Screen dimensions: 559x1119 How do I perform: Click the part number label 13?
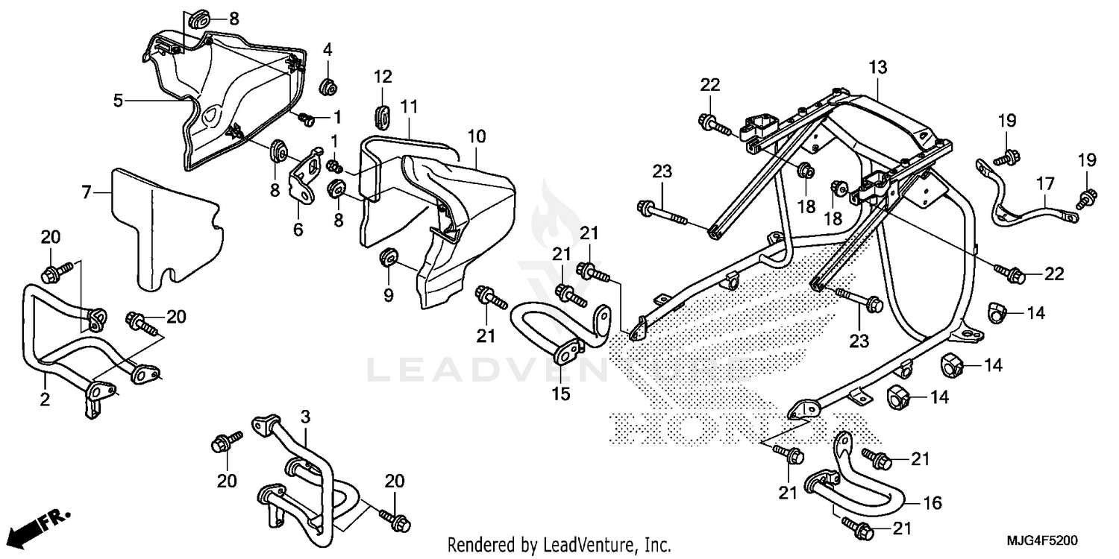pyautogui.click(x=877, y=68)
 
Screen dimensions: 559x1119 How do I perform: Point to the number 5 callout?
pyautogui.click(x=118, y=99)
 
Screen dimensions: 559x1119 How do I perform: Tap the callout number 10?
pyautogui.click(x=477, y=136)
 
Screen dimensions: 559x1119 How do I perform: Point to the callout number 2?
pyautogui.click(x=45, y=400)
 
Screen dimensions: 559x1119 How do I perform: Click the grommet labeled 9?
pyautogui.click(x=388, y=259)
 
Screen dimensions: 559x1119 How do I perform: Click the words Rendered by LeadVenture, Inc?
pyautogui.click(x=559, y=544)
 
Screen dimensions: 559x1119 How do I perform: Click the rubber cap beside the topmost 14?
pyautogui.click(x=997, y=313)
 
